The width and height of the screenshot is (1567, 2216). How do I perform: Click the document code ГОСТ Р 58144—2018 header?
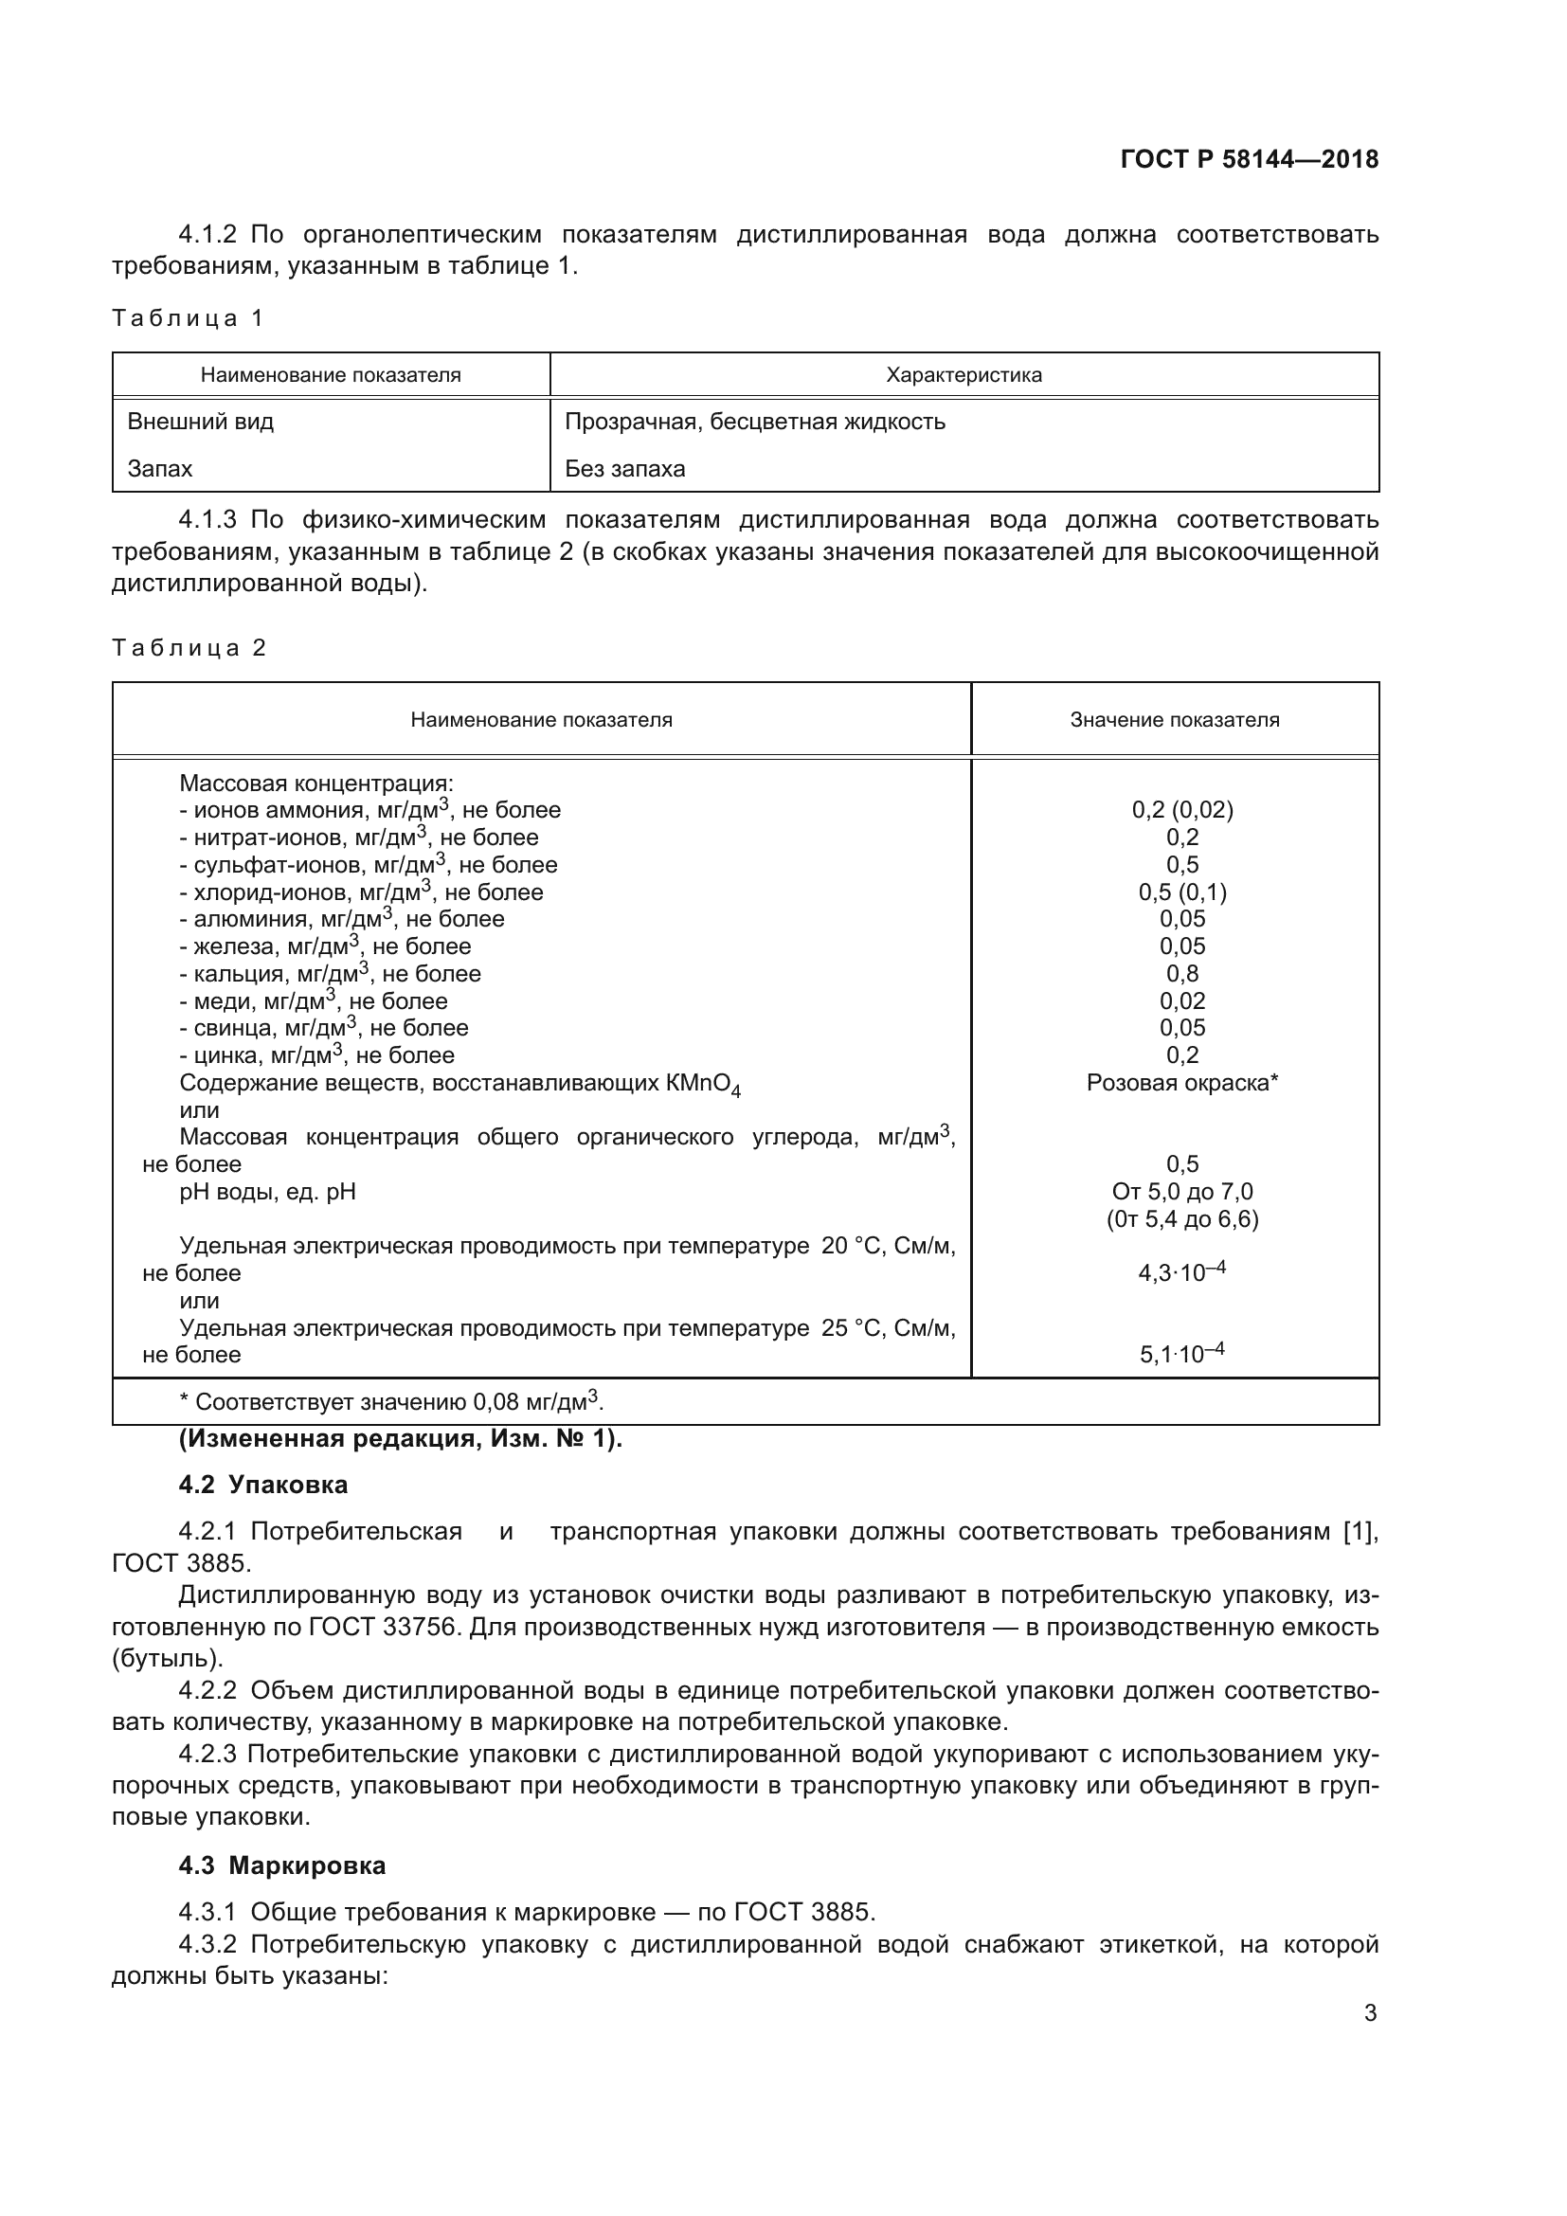[x=1250, y=159]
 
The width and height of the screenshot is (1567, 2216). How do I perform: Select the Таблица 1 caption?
[x=188, y=318]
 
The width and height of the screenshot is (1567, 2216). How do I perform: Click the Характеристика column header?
[x=963, y=374]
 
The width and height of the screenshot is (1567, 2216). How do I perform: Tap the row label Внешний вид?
[x=201, y=422]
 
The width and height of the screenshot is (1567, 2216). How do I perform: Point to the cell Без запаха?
[x=624, y=469]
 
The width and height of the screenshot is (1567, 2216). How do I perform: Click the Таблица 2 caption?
[x=189, y=648]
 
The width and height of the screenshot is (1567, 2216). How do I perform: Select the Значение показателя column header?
[x=1173, y=719]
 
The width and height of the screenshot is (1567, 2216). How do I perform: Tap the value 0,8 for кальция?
[x=1182, y=974]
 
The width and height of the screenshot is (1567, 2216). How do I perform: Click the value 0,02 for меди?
[x=1182, y=1000]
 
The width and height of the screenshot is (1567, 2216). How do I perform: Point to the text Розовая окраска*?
[x=1181, y=1083]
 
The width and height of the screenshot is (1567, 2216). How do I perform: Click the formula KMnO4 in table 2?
[x=702, y=1085]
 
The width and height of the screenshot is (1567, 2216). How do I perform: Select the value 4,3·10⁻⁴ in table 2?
[x=1181, y=1272]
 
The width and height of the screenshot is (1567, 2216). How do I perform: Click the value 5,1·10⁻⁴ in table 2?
[x=1181, y=1353]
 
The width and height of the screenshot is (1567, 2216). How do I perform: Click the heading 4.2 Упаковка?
[x=262, y=1485]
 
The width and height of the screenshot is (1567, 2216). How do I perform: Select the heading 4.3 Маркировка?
[x=281, y=1865]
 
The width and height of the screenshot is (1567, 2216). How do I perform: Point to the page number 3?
[x=1369, y=2013]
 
